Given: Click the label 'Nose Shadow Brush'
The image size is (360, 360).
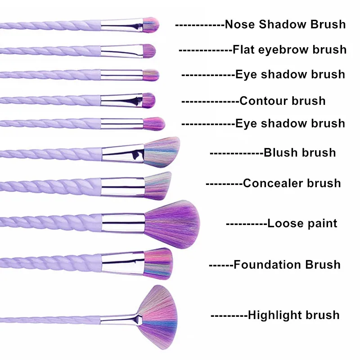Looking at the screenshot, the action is (285, 24).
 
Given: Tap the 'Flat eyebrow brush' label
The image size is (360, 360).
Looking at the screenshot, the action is (289, 49).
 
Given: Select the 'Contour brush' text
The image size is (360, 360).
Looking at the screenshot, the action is (282, 100).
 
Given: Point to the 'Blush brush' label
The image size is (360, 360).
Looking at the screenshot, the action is (300, 153).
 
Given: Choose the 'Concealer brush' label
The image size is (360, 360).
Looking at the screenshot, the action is (292, 183).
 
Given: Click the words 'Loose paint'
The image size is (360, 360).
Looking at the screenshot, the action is (302, 223).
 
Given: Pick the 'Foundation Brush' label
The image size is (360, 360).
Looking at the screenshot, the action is (287, 265).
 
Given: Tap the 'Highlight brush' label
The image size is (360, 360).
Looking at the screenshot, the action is (293, 315).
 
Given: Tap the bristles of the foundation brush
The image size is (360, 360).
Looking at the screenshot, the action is (159, 261).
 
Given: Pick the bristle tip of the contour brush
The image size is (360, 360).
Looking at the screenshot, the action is (148, 100).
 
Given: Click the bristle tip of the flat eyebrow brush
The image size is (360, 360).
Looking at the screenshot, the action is (149, 51).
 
